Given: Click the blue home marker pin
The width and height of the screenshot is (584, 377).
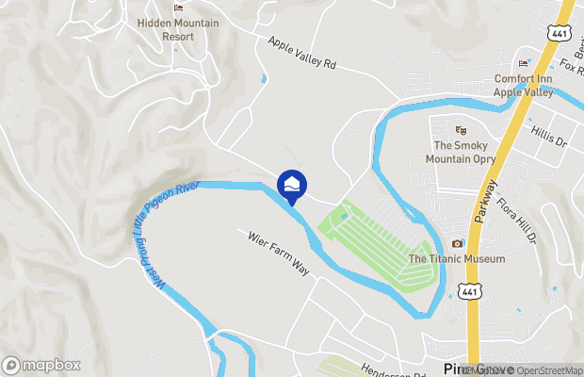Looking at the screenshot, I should click(292, 185).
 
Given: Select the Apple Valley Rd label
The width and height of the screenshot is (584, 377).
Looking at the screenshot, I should click(301, 54).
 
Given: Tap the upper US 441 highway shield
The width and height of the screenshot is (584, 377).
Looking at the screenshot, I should click(559, 33).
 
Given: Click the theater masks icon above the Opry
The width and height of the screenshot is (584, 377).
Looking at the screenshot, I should click(461, 130).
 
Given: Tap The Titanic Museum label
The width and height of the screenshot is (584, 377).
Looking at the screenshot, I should click(457, 259).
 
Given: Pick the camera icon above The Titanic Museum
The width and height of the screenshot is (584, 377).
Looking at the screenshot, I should click(458, 243).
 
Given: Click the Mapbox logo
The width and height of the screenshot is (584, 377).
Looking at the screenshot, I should click(41, 365).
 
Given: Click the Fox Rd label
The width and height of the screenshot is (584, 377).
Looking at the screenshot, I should click(569, 66).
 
